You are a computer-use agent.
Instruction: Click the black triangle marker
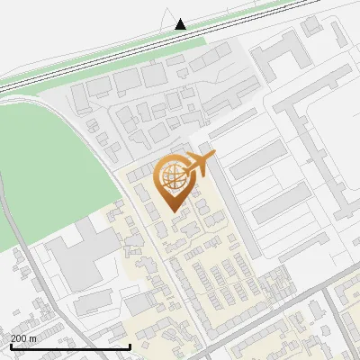click(181, 23)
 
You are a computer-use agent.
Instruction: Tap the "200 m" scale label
click(24, 338)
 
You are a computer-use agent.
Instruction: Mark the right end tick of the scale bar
click(130, 345)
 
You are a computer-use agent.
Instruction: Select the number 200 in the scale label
click(19, 338)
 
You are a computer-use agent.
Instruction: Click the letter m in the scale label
click(33, 338)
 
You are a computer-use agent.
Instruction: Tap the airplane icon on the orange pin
click(197, 164)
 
